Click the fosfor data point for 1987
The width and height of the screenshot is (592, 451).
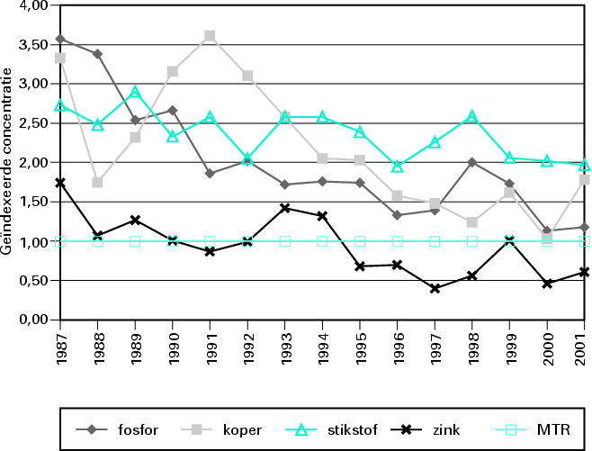[59, 39]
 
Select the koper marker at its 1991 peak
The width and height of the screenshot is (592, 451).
[210, 36]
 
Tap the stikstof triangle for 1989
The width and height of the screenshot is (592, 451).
[135, 93]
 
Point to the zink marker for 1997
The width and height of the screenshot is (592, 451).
[435, 288]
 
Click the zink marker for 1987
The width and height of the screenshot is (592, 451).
[59, 183]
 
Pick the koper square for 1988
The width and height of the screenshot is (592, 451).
[97, 183]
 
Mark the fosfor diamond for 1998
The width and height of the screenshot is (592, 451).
[472, 162]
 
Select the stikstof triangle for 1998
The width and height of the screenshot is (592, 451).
[472, 116]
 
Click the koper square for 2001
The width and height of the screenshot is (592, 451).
[585, 180]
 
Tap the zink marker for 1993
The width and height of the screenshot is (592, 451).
[285, 208]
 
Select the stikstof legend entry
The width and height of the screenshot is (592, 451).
[334, 429]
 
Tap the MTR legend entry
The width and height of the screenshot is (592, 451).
[535, 429]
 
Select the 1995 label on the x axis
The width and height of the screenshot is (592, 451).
[361, 346]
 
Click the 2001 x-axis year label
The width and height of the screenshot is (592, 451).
[586, 346]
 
